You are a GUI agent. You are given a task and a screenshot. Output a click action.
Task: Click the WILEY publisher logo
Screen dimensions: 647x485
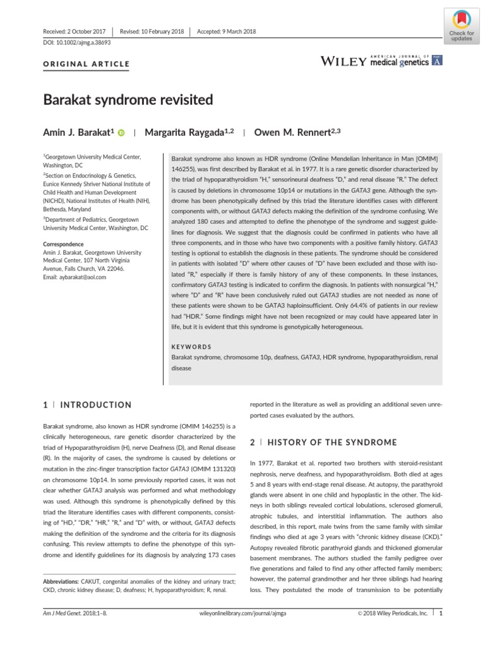(x=344, y=61)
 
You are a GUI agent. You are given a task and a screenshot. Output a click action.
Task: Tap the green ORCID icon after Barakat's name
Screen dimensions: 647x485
(x=121, y=133)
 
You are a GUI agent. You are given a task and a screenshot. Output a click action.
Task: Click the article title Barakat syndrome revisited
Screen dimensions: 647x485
(x=128, y=100)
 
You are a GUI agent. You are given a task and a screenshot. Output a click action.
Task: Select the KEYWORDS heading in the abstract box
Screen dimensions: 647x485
(x=192, y=347)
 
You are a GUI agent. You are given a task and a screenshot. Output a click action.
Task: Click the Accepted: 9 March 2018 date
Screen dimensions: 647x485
(x=227, y=31)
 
